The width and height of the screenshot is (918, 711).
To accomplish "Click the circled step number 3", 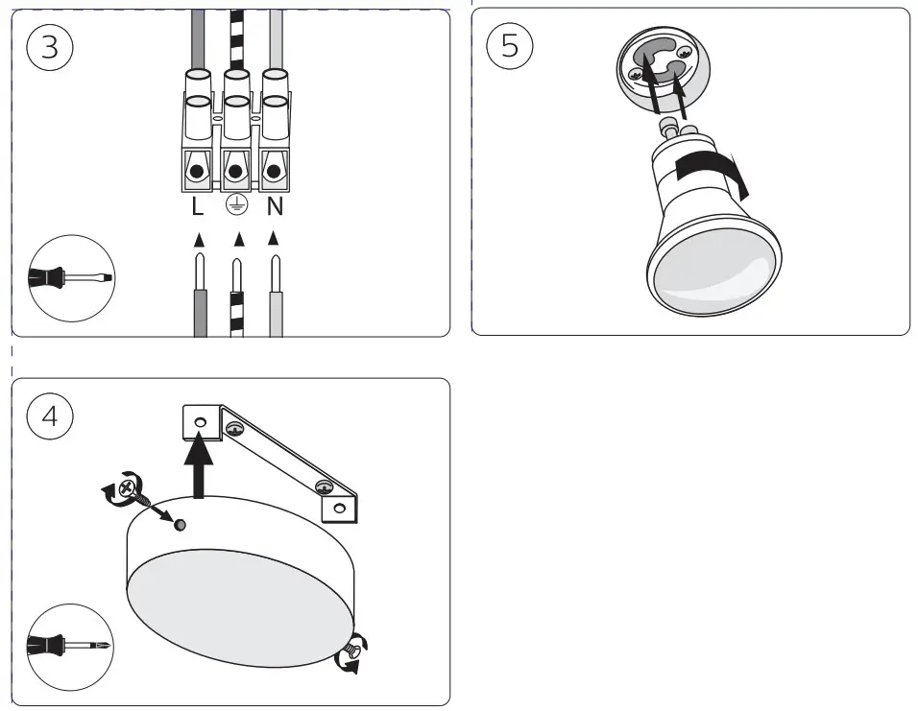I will click(x=50, y=49).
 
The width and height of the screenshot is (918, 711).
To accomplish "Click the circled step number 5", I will click(x=510, y=47).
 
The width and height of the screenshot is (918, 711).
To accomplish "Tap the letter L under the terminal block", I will click(x=198, y=205).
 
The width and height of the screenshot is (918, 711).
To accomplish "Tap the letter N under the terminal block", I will click(x=275, y=205).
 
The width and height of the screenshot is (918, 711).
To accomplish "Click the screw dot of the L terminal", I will click(x=198, y=173).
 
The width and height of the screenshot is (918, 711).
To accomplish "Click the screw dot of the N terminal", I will click(x=275, y=173).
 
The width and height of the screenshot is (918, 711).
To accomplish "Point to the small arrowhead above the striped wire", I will click(x=237, y=237).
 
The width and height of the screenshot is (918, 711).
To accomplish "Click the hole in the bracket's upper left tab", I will click(x=201, y=422).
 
